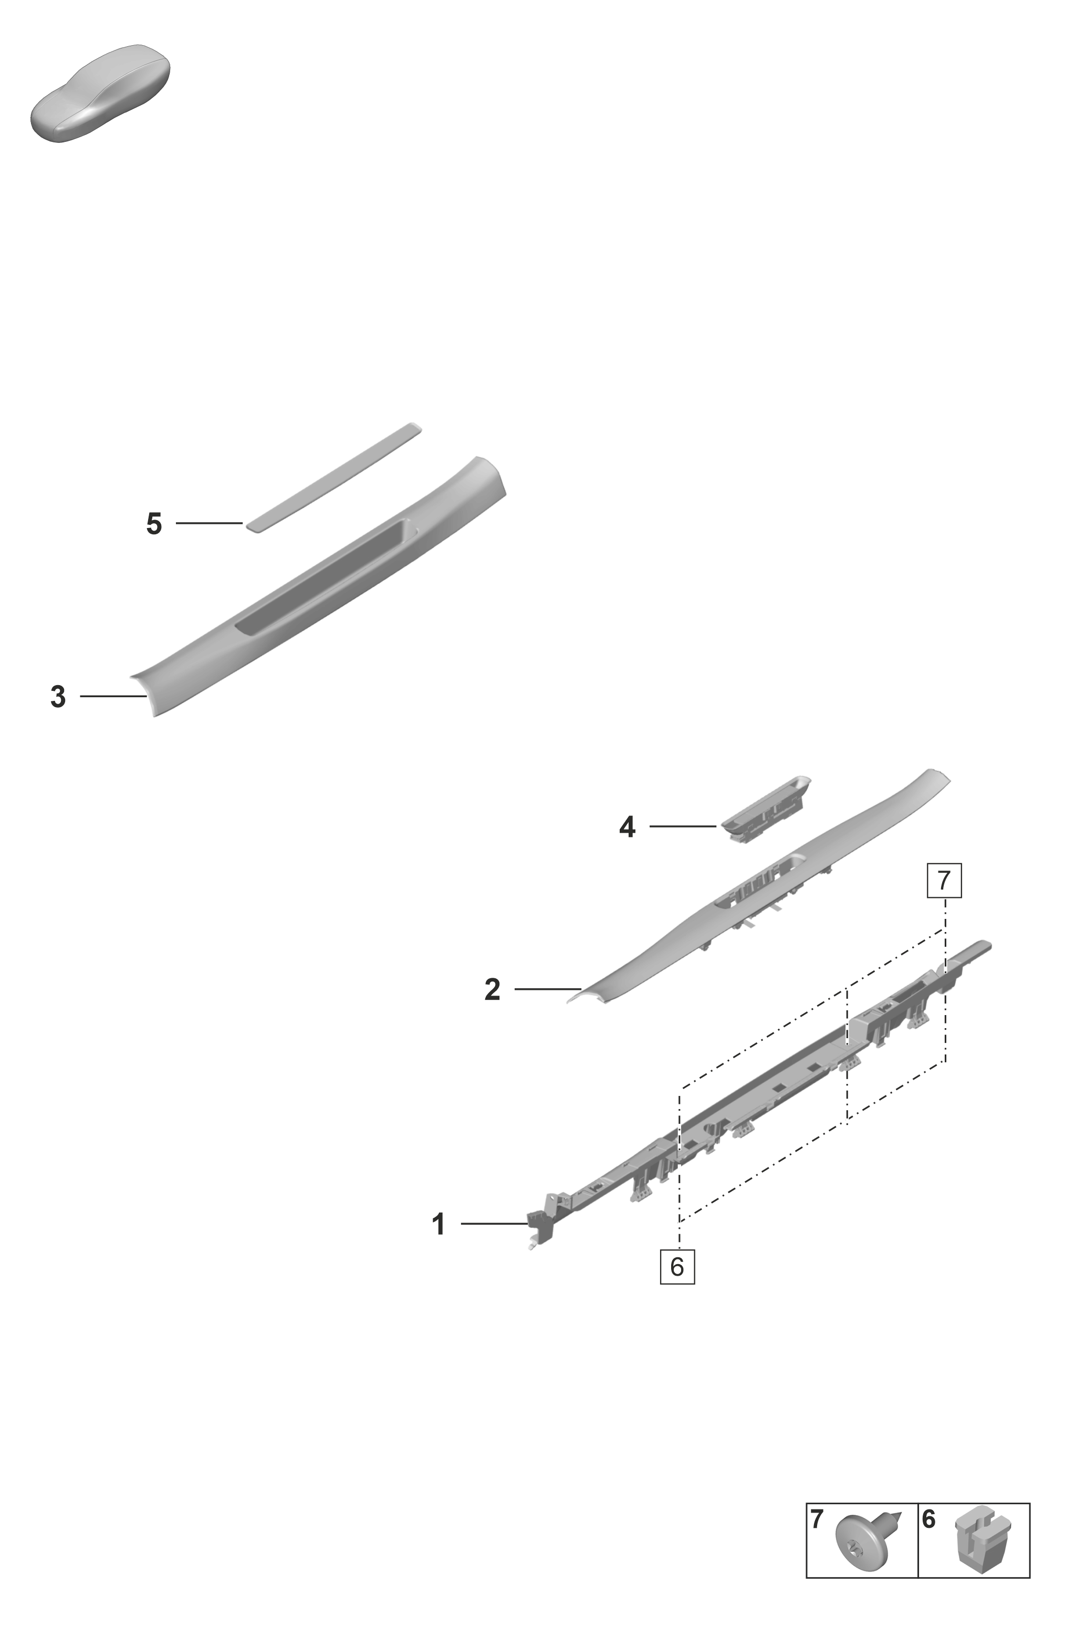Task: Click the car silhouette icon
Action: click(x=100, y=94)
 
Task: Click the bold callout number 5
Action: click(x=154, y=524)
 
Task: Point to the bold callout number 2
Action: click(x=493, y=989)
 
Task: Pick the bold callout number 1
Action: click(x=438, y=1224)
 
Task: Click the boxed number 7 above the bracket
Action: click(x=945, y=881)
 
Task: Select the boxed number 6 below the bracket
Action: click(x=677, y=1267)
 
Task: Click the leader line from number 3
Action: click(x=113, y=696)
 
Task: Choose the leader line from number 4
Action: click(x=682, y=826)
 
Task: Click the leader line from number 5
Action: click(x=209, y=523)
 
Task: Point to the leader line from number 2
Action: click(x=548, y=989)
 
